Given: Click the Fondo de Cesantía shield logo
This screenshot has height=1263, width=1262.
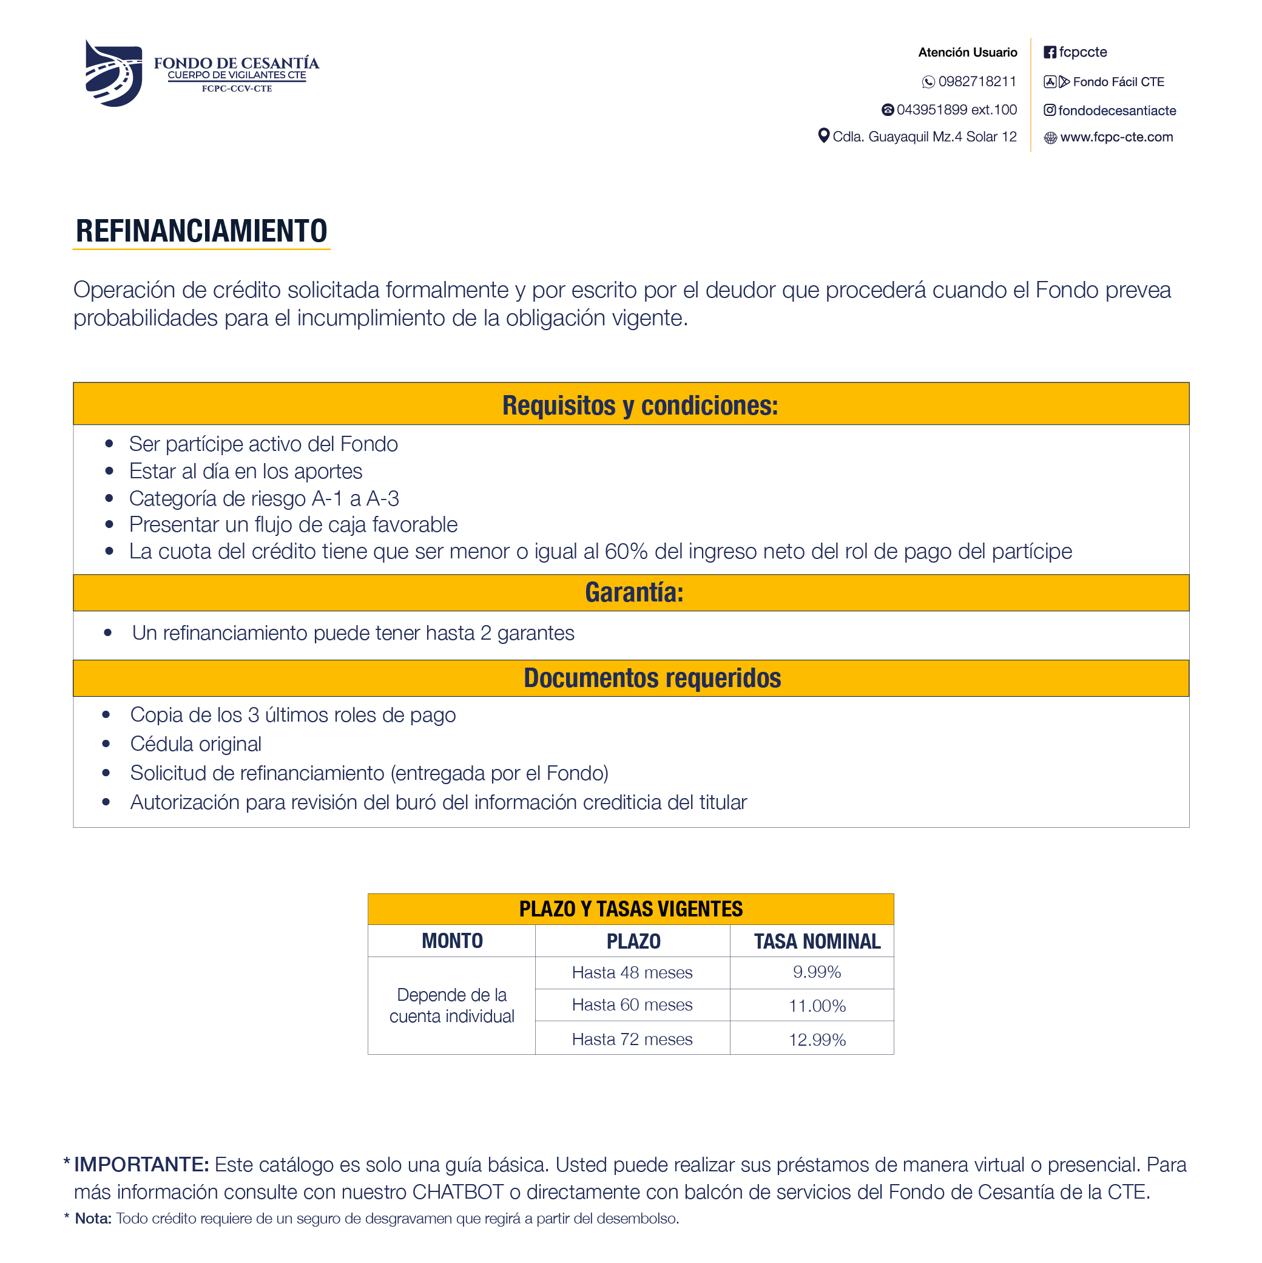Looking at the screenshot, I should point(113,73).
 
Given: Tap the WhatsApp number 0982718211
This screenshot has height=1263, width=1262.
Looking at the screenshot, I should point(976,82).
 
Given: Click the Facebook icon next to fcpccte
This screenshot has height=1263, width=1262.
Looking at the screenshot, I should point(1050,52).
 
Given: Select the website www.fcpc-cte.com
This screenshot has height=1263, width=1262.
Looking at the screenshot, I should point(1116,137).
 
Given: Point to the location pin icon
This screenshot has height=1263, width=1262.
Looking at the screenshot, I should point(823,136).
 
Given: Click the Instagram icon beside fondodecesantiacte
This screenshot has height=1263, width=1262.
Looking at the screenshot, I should point(1050,110).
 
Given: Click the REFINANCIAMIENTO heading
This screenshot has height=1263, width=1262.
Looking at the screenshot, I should point(201,231).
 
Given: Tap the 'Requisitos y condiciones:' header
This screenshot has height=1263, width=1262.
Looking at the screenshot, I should point(640,405).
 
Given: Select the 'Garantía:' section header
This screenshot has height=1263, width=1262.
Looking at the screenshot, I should point(634,592).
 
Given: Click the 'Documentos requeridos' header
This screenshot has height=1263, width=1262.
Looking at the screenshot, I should point(652,678).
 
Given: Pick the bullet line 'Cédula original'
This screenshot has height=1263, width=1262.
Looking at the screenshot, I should point(195,744).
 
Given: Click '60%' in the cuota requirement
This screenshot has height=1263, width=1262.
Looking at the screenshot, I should point(626,552).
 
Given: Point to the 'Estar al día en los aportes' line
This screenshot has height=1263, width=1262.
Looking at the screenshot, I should point(245,472).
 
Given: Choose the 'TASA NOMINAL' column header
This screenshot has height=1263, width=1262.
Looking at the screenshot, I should point(817,941).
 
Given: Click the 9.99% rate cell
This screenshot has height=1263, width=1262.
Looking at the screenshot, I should point(817,972).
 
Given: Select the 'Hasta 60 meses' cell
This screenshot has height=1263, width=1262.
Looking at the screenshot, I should point(632,1005).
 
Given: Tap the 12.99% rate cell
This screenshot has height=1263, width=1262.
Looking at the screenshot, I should point(817,1040).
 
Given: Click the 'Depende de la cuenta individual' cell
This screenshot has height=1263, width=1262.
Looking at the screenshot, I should point(451,1006).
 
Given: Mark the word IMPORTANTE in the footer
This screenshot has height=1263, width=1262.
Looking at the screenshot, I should point(141,1164).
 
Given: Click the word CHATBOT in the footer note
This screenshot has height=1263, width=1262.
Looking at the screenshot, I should point(457,1192).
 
